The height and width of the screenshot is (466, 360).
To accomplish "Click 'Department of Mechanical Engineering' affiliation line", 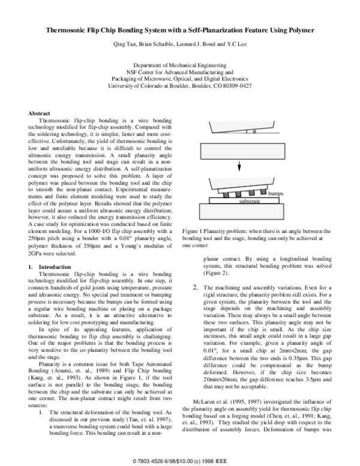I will (x=179, y=65).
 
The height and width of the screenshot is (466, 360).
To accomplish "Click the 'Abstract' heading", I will (x=39, y=113).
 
